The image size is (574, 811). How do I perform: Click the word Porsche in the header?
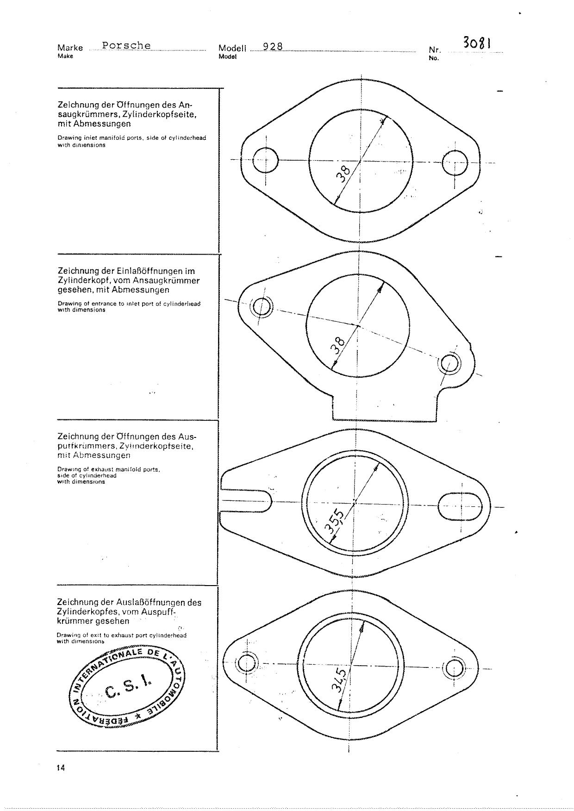tap(126, 45)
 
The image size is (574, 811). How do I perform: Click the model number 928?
tap(273, 46)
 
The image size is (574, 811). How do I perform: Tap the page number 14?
tap(61, 768)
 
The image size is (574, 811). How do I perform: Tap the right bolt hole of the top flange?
tap(455, 163)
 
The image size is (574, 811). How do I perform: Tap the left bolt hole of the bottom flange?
tap(245, 663)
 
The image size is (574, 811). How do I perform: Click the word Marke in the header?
tap(70, 48)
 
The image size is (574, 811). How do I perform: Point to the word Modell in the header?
tap(232, 48)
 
